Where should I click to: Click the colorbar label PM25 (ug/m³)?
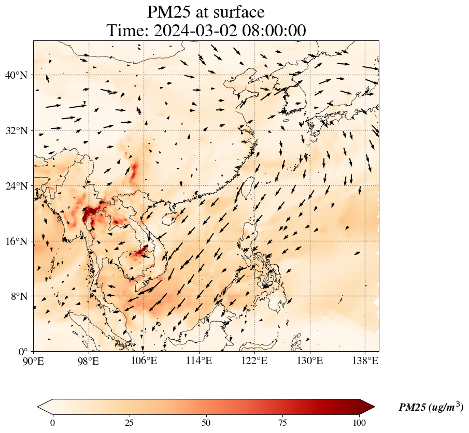click(431, 408)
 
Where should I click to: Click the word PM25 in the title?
click(169, 12)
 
